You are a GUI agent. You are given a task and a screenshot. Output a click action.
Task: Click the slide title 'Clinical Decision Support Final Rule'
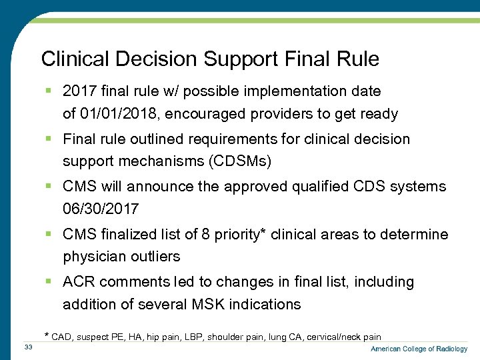(x=210, y=59)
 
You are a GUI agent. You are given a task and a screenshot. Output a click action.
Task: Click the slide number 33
(x=28, y=347)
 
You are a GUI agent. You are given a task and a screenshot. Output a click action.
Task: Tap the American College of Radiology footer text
(x=419, y=349)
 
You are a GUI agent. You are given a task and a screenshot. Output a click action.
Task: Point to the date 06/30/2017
(x=101, y=209)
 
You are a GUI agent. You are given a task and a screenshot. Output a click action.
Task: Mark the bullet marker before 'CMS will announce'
(x=49, y=187)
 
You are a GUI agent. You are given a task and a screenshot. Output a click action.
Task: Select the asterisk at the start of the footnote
(x=46, y=335)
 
